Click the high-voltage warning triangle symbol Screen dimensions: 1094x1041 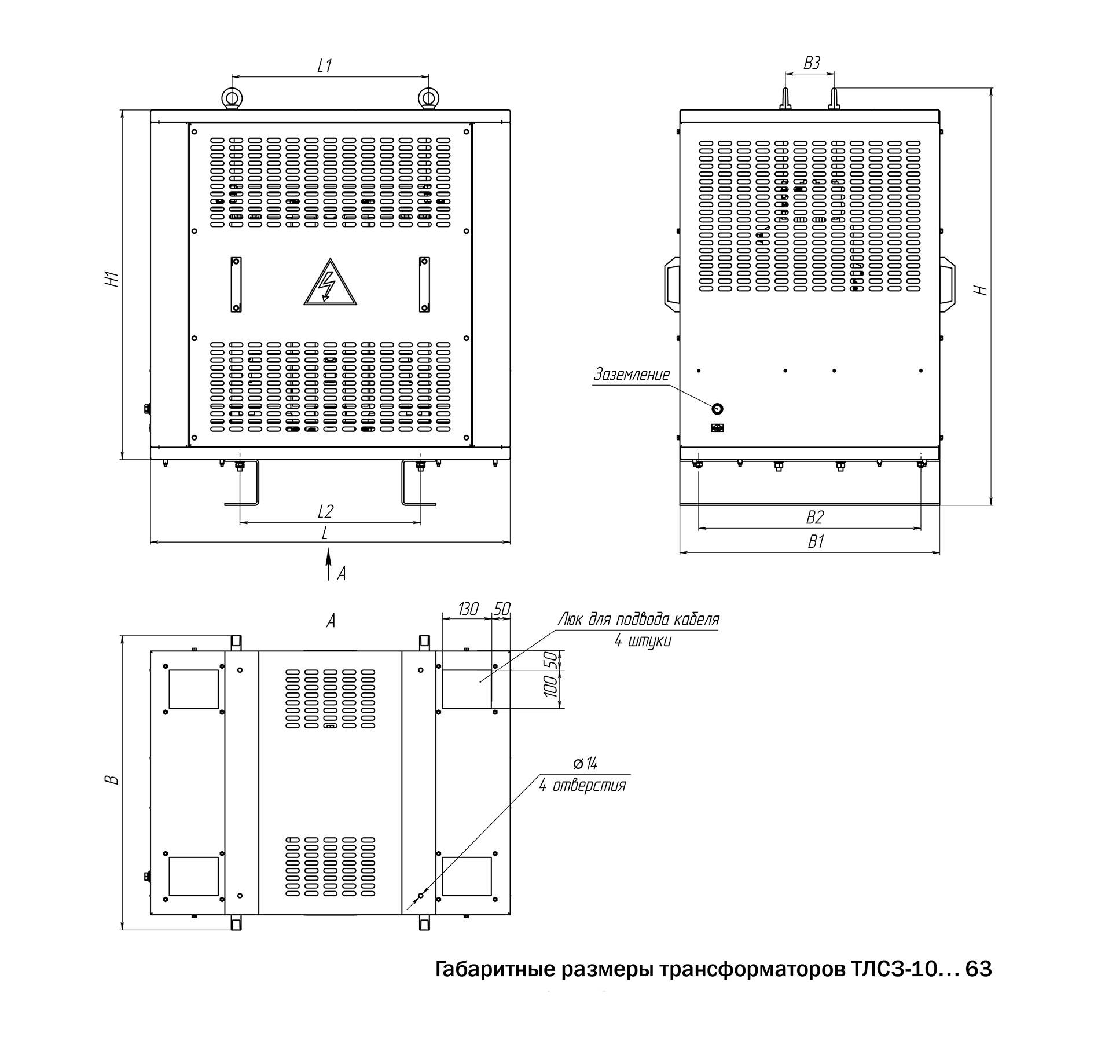(x=330, y=283)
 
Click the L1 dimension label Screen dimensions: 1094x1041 (x=325, y=65)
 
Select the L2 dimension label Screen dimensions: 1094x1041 (x=326, y=512)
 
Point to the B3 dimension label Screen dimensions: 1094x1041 (x=812, y=63)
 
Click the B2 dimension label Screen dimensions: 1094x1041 (x=815, y=517)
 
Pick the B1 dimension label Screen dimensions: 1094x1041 (x=815, y=542)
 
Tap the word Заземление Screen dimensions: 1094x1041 (x=632, y=375)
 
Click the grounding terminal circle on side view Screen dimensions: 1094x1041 (x=717, y=409)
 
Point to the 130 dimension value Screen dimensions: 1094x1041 (x=468, y=609)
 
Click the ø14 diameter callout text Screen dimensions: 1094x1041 (x=585, y=764)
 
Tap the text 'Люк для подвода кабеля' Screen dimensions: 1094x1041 (x=638, y=620)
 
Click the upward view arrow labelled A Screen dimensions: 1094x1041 (x=328, y=565)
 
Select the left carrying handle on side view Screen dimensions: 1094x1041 (x=672, y=285)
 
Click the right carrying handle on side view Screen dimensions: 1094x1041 (x=947, y=285)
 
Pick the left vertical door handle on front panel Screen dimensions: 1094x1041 (x=236, y=284)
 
